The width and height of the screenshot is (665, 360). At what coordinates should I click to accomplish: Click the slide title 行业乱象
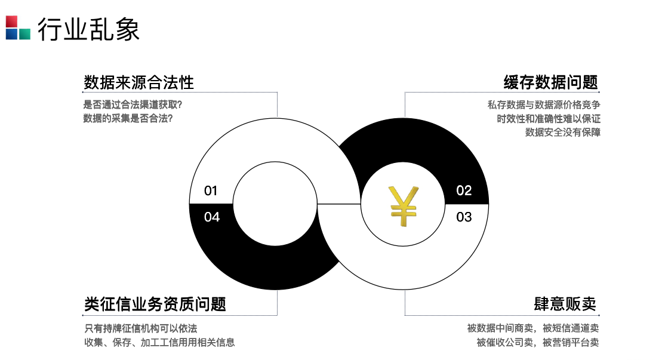point(88,29)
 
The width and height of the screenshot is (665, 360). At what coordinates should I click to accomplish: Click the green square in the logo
point(24,33)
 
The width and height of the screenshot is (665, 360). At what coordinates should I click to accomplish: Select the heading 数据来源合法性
point(138,82)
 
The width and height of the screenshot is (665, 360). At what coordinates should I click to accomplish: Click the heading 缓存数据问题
point(550,82)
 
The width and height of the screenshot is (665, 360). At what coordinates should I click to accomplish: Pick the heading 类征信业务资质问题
point(155,304)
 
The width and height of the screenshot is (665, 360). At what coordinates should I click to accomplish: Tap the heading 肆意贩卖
point(565,304)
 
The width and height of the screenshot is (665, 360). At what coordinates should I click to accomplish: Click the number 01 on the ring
point(211,191)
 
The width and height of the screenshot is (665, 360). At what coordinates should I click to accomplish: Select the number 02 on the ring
point(464,190)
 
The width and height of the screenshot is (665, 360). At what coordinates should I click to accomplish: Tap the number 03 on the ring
point(464,217)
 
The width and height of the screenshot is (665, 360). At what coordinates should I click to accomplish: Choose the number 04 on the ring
point(212,217)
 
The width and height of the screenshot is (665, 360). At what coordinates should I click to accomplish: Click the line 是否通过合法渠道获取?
point(133,104)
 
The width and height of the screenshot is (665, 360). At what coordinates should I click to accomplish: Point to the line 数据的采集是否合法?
point(128,118)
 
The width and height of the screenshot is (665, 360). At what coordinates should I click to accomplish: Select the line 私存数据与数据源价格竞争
point(543,104)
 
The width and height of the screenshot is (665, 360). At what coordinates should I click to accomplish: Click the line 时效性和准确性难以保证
point(548,118)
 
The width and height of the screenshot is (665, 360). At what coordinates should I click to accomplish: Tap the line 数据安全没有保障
point(562,132)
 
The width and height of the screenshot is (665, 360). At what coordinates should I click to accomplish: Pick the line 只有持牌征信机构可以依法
point(140,328)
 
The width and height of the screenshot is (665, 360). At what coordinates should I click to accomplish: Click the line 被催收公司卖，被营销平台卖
point(537,342)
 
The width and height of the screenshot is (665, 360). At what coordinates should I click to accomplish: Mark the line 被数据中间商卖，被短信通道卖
point(532,328)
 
